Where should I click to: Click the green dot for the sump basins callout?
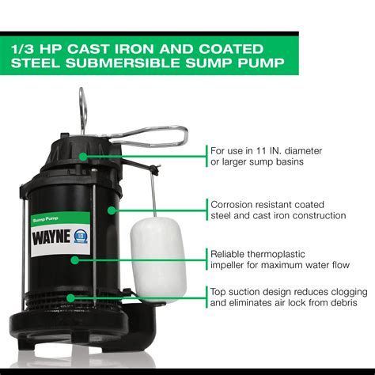pyautogui.click(x=81, y=157)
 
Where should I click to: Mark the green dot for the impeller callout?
pyautogui.click(x=75, y=259)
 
